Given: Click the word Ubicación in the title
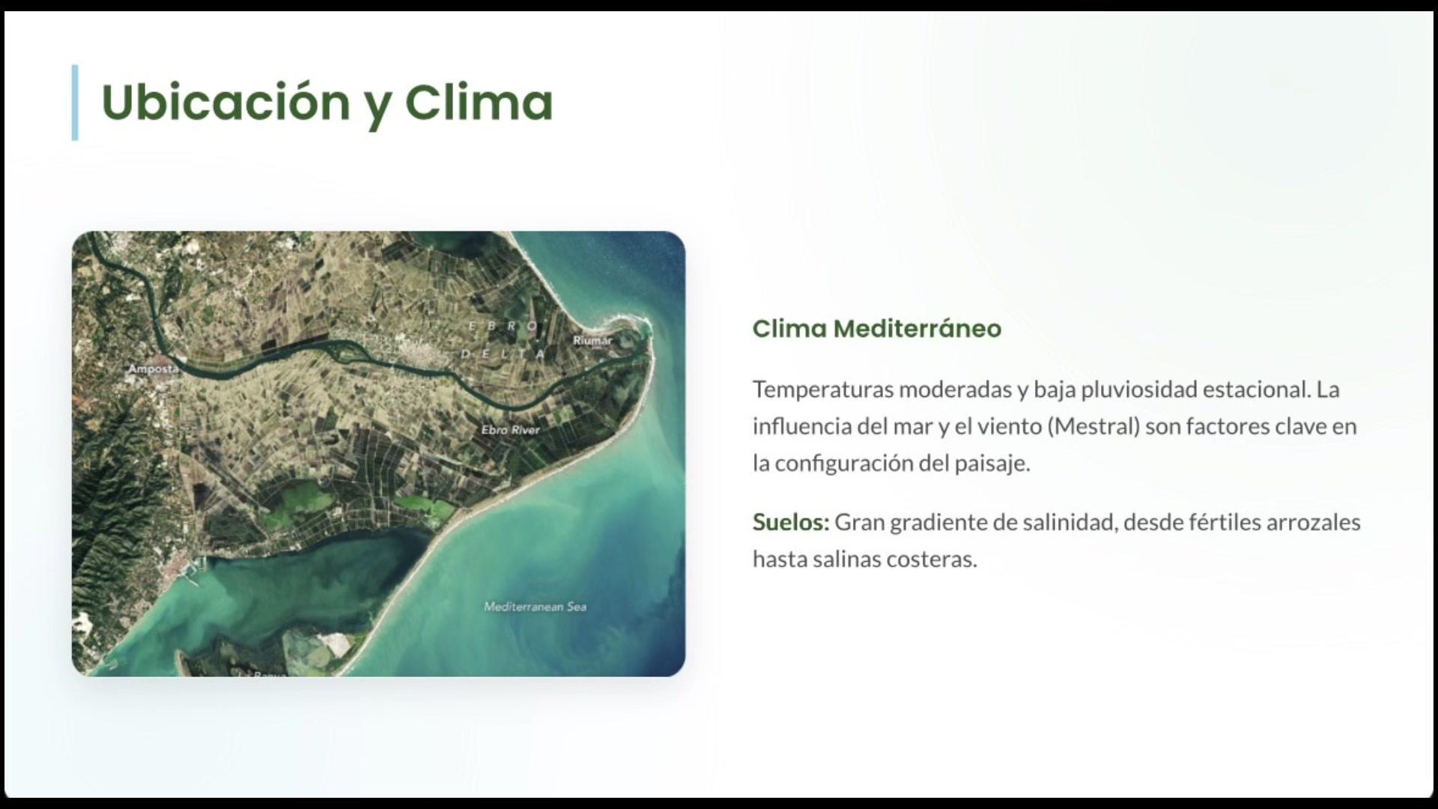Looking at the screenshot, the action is [x=225, y=102].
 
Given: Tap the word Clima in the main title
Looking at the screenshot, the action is [x=479, y=102].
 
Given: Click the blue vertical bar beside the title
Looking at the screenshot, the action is [x=75, y=103].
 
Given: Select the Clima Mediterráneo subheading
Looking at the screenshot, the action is [x=876, y=329].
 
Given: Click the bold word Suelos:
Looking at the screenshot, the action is [x=791, y=522].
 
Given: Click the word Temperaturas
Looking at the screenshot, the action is [x=823, y=390].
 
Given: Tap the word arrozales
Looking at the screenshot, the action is [x=1313, y=522].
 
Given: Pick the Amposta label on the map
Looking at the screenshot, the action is [x=154, y=369].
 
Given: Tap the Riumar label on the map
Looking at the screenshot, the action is [x=592, y=340].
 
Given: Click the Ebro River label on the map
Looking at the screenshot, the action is [x=510, y=430].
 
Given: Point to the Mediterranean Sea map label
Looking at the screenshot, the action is [x=535, y=607].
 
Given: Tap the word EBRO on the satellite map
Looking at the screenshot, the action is [x=503, y=326].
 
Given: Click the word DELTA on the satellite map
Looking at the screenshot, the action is [x=503, y=354].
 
